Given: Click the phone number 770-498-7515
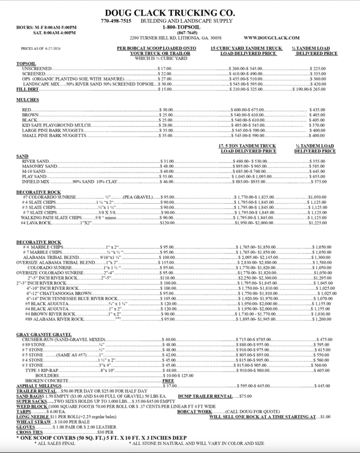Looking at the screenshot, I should tap(116, 21).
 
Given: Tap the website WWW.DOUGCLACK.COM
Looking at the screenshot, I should tap(271, 38).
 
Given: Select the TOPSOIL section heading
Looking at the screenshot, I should tap(26, 64).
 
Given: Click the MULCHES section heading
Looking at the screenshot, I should tap(28, 100).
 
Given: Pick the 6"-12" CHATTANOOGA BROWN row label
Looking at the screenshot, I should tap(59, 293).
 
